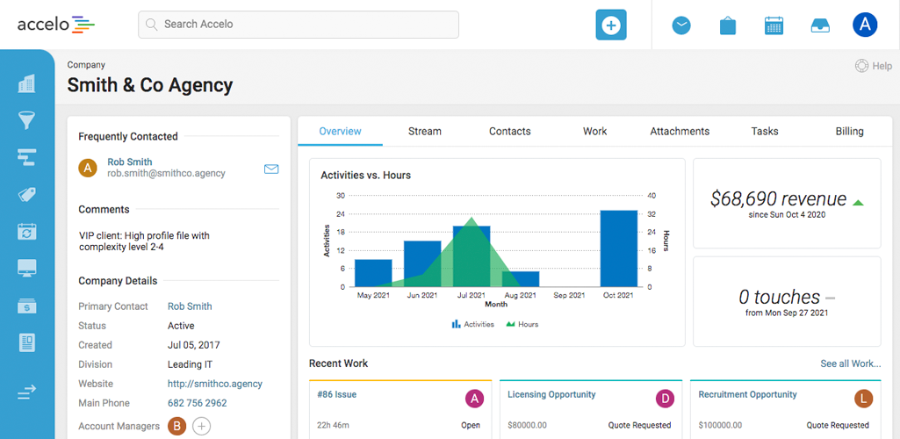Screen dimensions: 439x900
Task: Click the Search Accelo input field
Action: pos(299,25)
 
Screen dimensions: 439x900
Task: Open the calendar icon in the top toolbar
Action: pos(774,25)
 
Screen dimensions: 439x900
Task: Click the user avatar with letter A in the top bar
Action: pos(864,25)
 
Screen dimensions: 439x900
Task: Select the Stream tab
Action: pos(425,131)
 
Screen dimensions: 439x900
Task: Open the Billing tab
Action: pos(849,131)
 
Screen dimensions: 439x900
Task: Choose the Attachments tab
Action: pos(680,131)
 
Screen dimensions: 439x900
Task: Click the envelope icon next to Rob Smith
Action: pos(271,169)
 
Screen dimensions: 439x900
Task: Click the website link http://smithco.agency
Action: pos(215,384)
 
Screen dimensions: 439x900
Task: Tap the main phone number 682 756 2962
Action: pos(198,403)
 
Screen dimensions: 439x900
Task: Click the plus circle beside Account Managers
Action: pos(201,426)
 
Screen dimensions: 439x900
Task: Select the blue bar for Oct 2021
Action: pos(618,248)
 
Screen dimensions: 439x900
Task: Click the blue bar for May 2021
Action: pos(373,273)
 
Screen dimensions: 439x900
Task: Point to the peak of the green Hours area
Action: pos(472,219)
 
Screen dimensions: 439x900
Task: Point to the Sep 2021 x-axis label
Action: pos(570,296)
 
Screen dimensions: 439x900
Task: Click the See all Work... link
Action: pos(850,363)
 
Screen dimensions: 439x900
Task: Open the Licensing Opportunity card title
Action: pos(551,395)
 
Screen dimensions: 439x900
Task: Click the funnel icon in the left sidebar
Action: pos(27,120)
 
